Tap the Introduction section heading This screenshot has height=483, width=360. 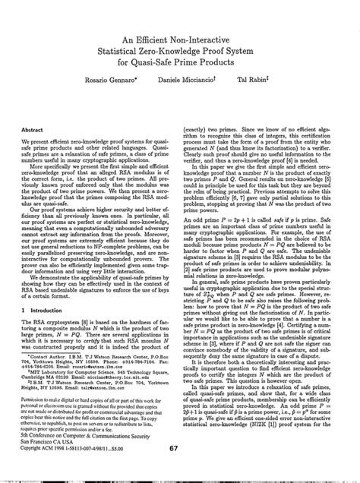pyautogui.click(x=56, y=331)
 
